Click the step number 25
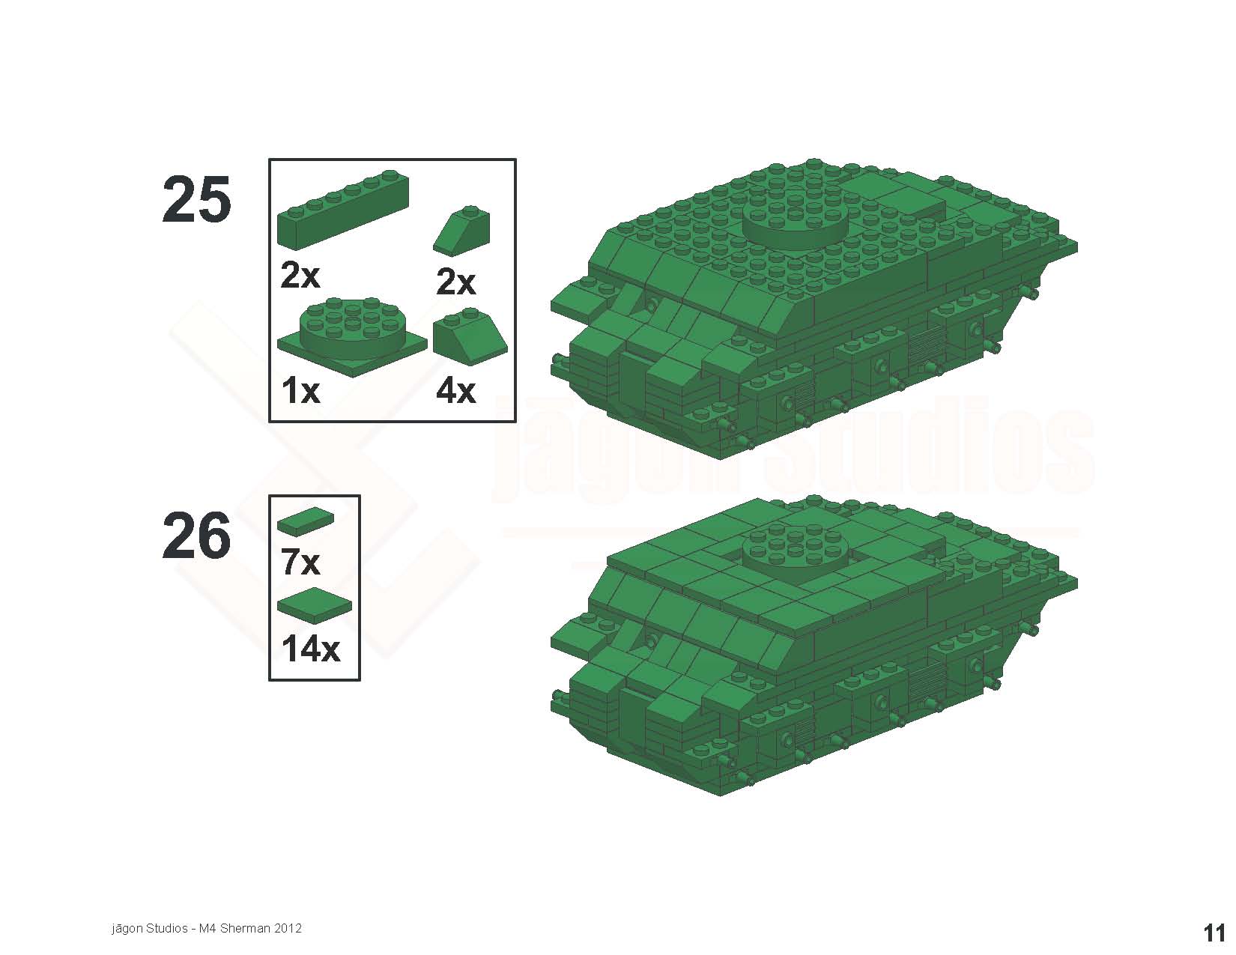[196, 200]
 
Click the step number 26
[196, 536]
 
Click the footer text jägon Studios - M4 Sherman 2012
[207, 928]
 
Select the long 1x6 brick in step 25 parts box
[343, 209]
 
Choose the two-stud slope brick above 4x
[470, 337]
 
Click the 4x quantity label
[455, 391]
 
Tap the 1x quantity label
[301, 391]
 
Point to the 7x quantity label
[300, 563]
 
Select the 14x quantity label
[311, 649]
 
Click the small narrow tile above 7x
[306, 521]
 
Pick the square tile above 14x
[315, 606]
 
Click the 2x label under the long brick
[300, 276]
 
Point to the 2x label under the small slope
[455, 282]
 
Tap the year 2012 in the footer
[288, 928]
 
